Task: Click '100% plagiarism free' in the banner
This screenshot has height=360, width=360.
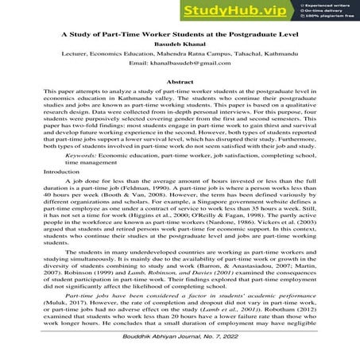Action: coord(327,17)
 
